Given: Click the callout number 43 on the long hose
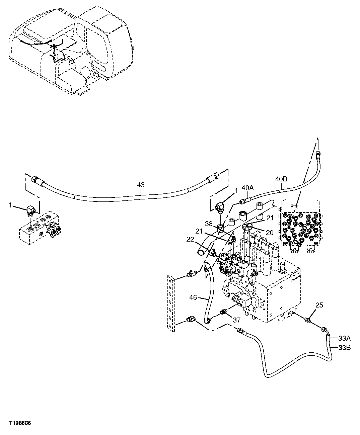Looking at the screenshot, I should point(141,184).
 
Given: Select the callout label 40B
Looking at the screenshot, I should point(281,179).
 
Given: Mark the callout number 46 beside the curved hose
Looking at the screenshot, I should point(193,296).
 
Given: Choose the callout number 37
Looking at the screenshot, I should point(237,320).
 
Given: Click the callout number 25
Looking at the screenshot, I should point(319,305).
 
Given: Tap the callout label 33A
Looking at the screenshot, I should point(344,338).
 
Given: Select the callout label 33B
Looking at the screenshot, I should point(344,348).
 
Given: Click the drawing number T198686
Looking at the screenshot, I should point(20,423).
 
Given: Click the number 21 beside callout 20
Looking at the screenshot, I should point(270,218).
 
